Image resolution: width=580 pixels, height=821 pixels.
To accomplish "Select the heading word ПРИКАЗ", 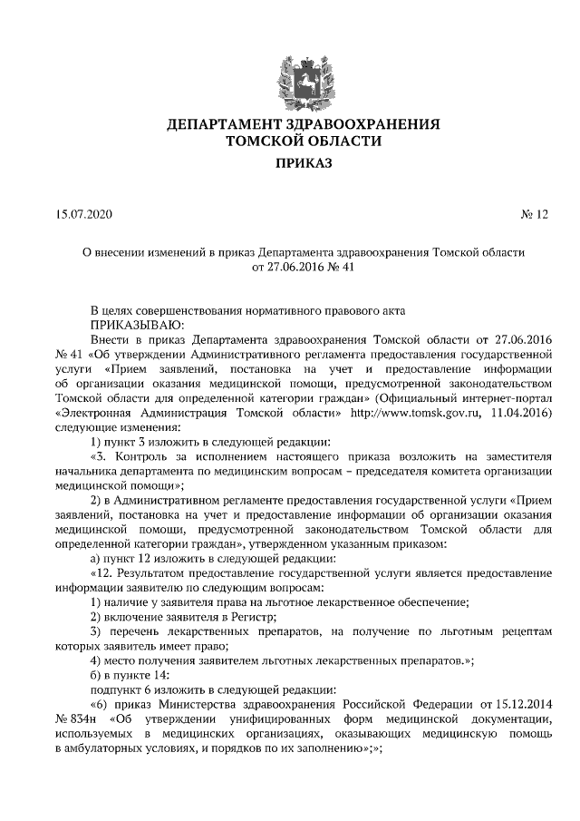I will tap(289, 163).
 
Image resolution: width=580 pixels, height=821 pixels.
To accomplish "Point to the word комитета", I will tap(434, 471).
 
